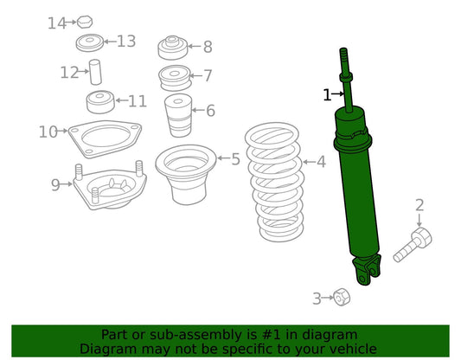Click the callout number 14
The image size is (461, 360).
(x=57, y=23)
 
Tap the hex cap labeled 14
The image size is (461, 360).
(x=85, y=22)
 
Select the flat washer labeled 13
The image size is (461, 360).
(x=90, y=43)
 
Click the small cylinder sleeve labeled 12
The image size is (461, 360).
(x=95, y=72)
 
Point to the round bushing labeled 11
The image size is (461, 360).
(x=100, y=102)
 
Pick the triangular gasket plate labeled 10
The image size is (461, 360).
(x=105, y=138)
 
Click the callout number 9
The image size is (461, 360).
(x=55, y=184)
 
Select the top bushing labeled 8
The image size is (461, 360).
(x=173, y=48)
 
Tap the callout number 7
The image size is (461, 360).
(x=208, y=75)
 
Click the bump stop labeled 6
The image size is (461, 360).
(x=178, y=116)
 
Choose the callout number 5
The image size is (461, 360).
(x=236, y=159)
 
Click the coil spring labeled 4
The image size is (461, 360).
(x=274, y=182)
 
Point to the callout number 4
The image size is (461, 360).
(x=322, y=162)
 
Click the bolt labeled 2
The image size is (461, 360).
(x=413, y=245)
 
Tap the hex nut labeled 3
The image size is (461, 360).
(x=342, y=298)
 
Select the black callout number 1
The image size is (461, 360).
(x=327, y=94)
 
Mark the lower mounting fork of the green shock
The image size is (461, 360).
(x=368, y=270)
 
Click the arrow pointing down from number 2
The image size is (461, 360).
(x=419, y=220)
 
